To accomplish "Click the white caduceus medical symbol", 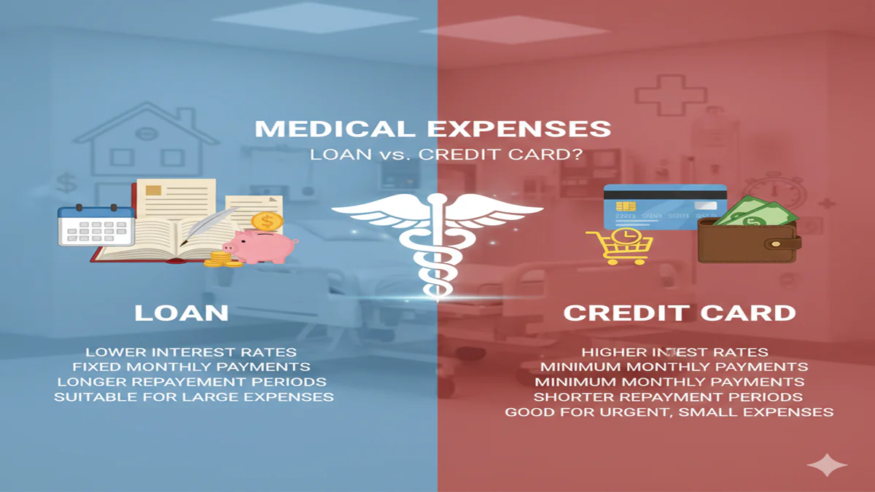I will point(437,233).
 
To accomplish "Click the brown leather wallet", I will point(748,241).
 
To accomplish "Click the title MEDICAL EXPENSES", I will point(432,129).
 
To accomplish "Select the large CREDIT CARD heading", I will point(680,313).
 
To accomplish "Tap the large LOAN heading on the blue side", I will point(182,313).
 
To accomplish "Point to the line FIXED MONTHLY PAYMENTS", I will point(191,367).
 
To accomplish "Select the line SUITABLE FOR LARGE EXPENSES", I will point(194,397).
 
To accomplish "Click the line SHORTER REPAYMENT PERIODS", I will point(668,397).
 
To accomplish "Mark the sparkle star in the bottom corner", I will point(827,465).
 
